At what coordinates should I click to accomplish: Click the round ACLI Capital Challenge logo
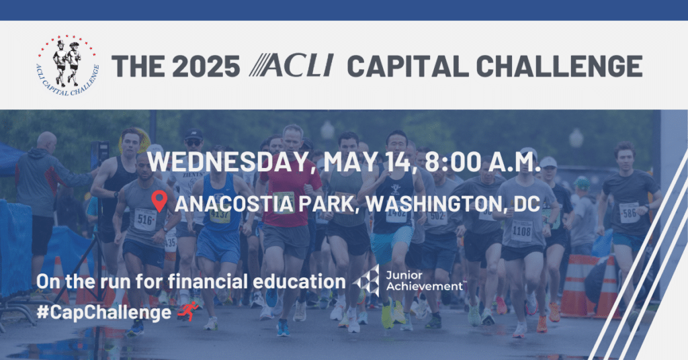tap(68, 65)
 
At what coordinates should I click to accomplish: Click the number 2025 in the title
tap(206, 66)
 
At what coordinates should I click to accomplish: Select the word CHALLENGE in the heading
tap(559, 66)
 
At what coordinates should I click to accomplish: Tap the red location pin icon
tap(159, 201)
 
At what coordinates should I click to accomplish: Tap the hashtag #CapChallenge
tap(103, 312)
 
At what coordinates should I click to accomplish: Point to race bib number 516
tap(145, 219)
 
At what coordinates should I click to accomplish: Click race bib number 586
tap(629, 213)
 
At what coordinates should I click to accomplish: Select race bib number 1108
tap(521, 230)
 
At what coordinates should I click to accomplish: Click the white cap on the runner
tap(548, 163)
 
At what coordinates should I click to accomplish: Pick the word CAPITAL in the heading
tap(408, 66)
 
